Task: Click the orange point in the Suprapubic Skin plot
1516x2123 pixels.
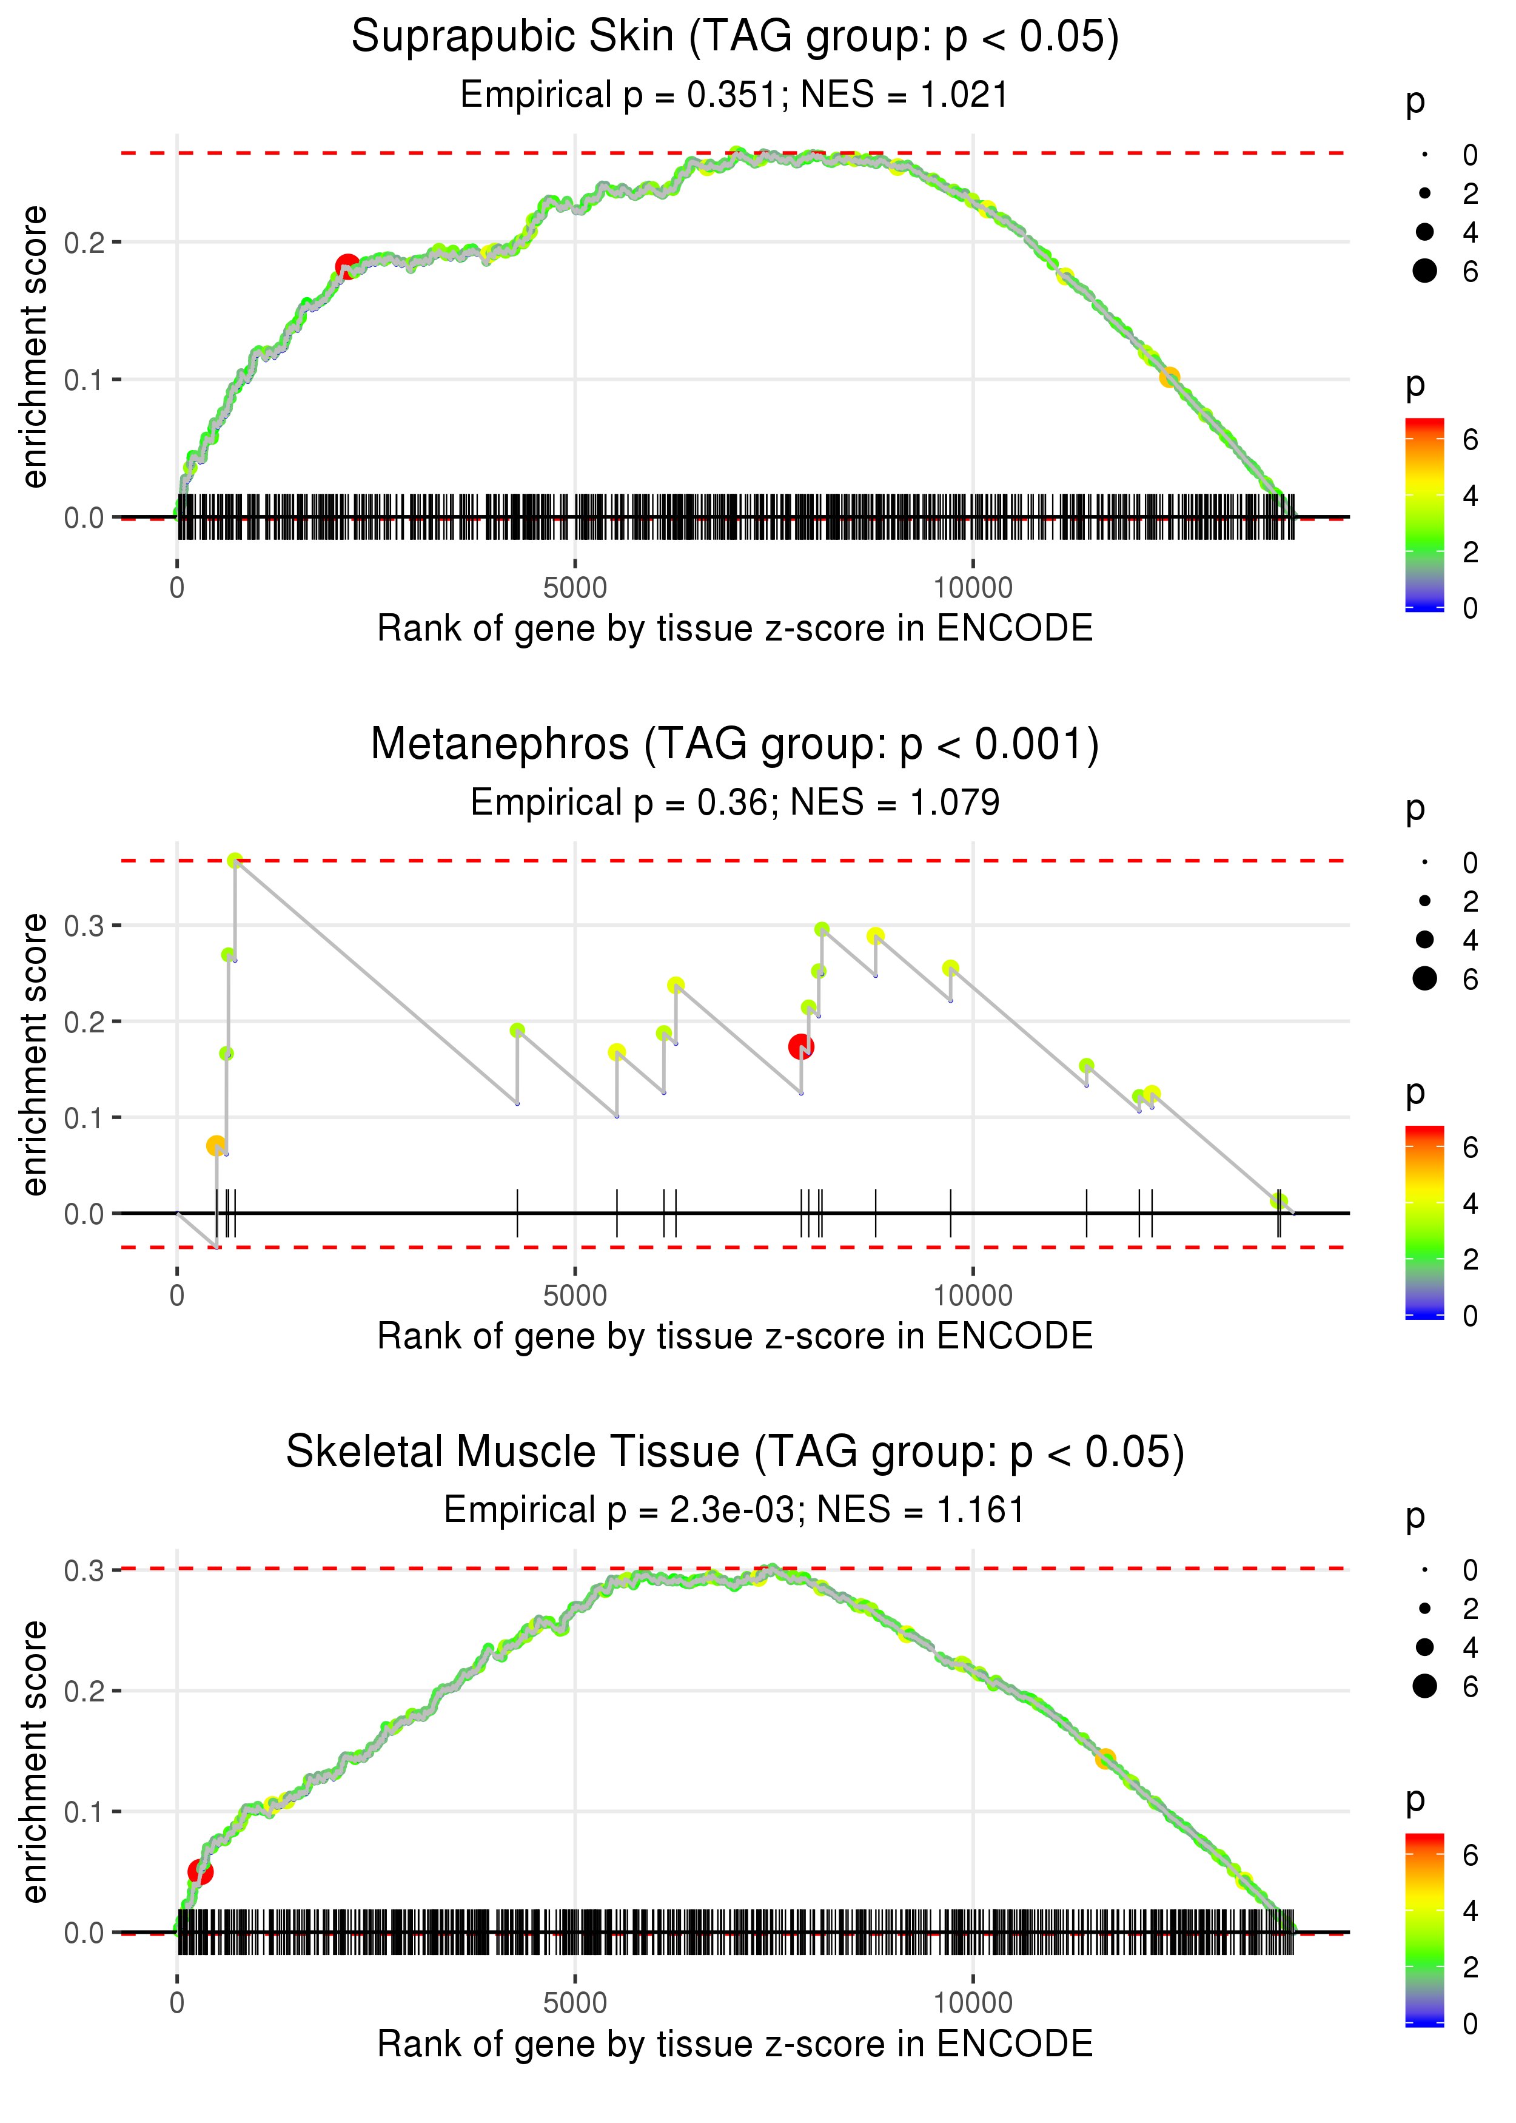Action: [x=1169, y=377]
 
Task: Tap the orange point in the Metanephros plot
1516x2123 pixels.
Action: [x=216, y=1146]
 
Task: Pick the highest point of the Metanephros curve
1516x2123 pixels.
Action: [x=235, y=861]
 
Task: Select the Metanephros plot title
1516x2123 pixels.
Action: [x=735, y=745]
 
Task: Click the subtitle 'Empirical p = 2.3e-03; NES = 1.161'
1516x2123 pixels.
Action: [x=735, y=1510]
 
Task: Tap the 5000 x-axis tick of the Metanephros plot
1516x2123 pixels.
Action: [x=575, y=1296]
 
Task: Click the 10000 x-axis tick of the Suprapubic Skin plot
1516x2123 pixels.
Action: [x=973, y=588]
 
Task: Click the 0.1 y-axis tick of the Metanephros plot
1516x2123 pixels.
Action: [x=84, y=1117]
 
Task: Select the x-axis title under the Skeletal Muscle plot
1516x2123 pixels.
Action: [x=735, y=2044]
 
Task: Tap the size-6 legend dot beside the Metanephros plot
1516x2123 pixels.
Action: [x=1424, y=978]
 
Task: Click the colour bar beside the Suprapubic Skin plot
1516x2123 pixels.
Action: [x=1424, y=514]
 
